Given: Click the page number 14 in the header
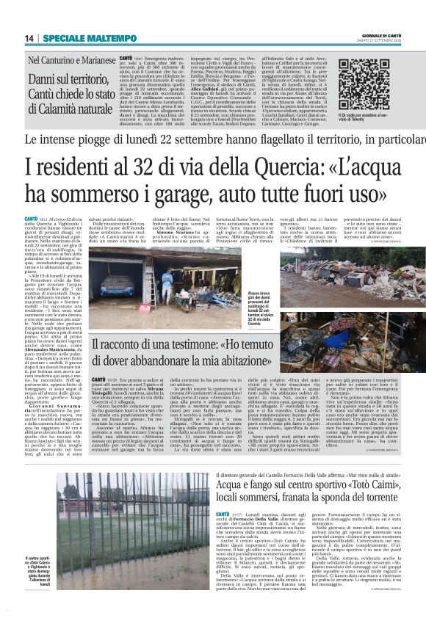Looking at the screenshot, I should [29, 37].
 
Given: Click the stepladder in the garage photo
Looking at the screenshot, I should [148, 282].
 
